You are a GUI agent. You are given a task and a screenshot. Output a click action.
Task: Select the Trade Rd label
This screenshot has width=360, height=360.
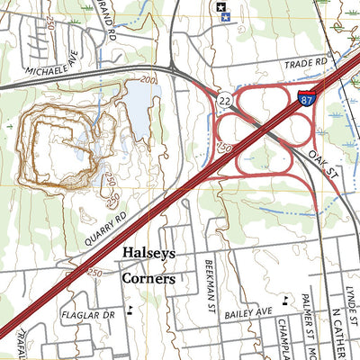[305, 64]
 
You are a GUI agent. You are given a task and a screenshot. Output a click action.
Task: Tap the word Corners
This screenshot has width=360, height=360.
[148, 278]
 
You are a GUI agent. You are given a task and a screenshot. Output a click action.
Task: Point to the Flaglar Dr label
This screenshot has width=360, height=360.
[89, 316]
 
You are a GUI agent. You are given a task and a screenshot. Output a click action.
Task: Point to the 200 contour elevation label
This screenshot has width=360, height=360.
[148, 80]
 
